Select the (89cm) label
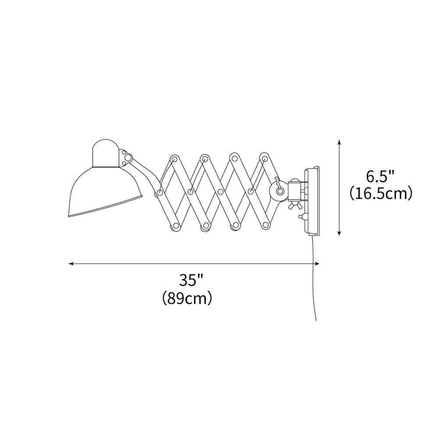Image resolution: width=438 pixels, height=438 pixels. click(188, 298)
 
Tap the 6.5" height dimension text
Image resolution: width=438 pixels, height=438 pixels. click(380, 177)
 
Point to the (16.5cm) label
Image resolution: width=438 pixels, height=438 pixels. click(380, 194)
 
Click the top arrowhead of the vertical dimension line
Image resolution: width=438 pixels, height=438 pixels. click(340, 142)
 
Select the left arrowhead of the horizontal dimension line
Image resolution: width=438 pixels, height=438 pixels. click(71, 264)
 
